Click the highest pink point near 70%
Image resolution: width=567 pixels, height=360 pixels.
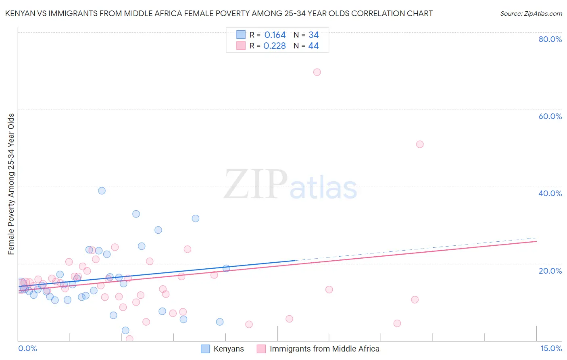coord(317,72)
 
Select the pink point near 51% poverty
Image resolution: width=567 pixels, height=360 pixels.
coord(420,144)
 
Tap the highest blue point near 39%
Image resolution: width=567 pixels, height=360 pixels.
coord(102,191)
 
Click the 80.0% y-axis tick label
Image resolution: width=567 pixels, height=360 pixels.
coord(550,39)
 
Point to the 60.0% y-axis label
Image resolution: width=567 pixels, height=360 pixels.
coord(550,116)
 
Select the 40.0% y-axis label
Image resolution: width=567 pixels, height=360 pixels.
coord(550,193)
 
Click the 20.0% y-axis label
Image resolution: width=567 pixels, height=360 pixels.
coord(550,270)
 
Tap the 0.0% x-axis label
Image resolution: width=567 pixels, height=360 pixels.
coord(28,348)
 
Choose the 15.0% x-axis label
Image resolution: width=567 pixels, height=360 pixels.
coord(551,348)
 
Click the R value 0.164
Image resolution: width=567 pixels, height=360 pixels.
coord(275,35)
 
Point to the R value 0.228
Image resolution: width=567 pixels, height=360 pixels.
coord(275,46)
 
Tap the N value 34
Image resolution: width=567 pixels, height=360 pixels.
coord(314,35)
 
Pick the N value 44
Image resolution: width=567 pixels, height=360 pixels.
coord(313,46)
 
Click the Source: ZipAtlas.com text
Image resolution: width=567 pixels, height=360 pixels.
coord(531,14)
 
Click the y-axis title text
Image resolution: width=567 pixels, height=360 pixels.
coord(11,184)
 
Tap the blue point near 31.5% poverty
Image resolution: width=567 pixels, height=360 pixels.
coord(196,219)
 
